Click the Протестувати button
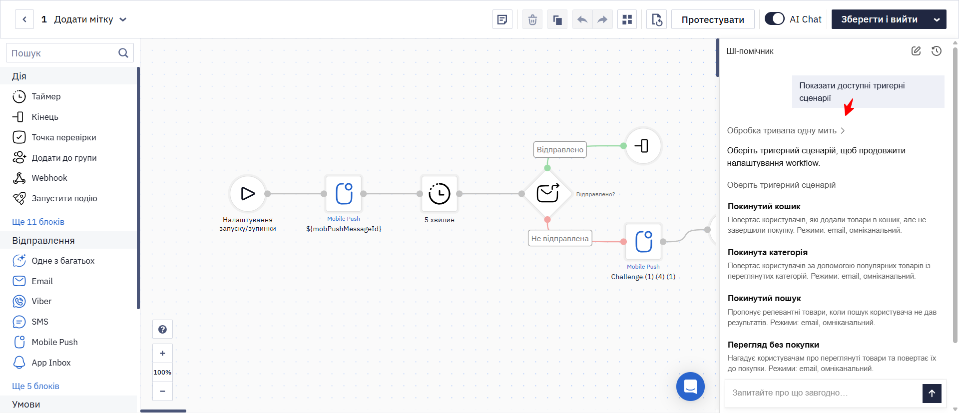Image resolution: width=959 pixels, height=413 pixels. [713, 19]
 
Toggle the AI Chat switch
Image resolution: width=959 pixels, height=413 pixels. [775, 19]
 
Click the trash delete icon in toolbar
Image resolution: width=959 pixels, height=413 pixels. [532, 19]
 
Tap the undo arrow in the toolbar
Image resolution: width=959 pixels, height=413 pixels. [582, 19]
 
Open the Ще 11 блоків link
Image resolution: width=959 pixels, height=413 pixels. [38, 222]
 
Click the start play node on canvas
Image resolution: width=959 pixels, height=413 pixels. [248, 193]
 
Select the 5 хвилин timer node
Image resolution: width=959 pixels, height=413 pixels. [440, 193]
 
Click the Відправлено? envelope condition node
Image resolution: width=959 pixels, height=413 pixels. [547, 193]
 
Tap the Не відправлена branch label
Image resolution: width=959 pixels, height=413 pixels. [560, 238]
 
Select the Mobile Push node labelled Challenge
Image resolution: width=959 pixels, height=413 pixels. [643, 241]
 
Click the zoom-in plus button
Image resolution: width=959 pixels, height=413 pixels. [162, 353]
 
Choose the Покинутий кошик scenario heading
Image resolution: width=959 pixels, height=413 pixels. [764, 206]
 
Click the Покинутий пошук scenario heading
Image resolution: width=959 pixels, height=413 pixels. [764, 298]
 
